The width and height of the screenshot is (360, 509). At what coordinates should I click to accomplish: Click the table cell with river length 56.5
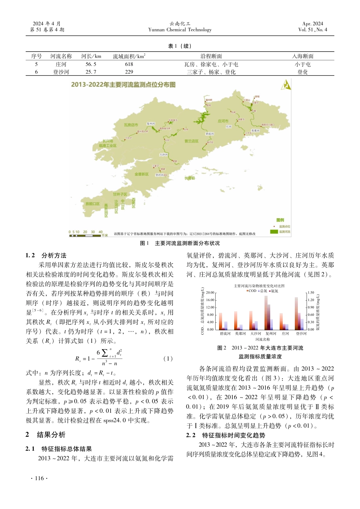(91, 64)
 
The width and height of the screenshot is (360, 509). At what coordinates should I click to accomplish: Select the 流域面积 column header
(129, 56)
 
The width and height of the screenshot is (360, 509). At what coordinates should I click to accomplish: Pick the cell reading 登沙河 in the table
(61, 72)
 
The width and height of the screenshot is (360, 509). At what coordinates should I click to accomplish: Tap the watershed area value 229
(129, 72)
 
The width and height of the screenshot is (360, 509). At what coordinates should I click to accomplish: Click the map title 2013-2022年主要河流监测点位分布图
(123, 84)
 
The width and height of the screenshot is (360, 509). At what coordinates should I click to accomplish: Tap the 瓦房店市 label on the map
(131, 125)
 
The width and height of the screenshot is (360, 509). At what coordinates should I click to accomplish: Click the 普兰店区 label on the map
(191, 141)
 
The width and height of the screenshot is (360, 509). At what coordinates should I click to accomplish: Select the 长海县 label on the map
(189, 178)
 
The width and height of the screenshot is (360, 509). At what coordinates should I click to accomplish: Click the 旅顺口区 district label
(92, 204)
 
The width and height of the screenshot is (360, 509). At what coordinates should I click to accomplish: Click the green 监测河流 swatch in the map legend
(274, 231)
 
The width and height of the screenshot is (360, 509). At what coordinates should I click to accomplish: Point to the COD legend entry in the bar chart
(252, 291)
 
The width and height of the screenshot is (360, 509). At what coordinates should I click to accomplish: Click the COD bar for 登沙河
(296, 314)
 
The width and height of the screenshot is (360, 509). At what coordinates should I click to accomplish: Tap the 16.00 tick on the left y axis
(210, 300)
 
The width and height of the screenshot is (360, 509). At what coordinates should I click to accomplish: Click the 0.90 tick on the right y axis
(311, 307)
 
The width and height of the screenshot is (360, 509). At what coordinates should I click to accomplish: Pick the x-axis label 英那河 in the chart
(240, 334)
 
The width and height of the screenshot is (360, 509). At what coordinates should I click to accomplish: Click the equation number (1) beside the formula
(168, 359)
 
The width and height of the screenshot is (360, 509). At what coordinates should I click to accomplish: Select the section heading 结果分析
(51, 435)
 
